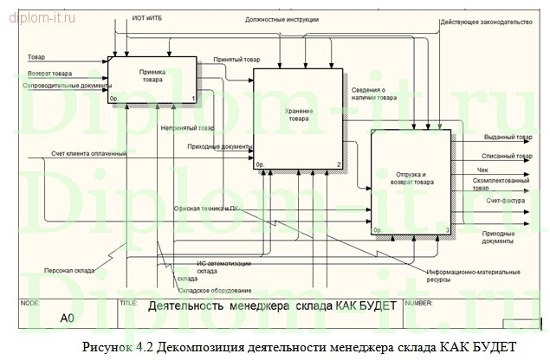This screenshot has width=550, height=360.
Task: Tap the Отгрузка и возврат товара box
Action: point(411,183)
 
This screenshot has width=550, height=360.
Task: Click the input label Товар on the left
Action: point(36,57)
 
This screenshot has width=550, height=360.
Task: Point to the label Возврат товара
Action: point(49,74)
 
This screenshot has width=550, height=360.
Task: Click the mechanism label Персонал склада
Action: point(71,270)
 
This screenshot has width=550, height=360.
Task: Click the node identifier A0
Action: point(68,318)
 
